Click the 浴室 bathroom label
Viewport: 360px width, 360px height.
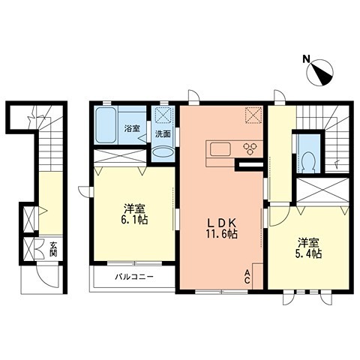pyautogui.click(x=132, y=128)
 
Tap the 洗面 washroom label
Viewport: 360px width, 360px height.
pyautogui.click(x=163, y=134)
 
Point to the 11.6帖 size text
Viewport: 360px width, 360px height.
pyautogui.click(x=222, y=234)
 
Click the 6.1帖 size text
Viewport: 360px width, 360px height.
pyautogui.click(x=135, y=220)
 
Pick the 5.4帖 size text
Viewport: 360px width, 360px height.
pyautogui.click(x=309, y=254)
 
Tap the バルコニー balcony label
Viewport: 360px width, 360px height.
pyautogui.click(x=134, y=277)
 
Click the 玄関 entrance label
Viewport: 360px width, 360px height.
pyautogui.click(x=53, y=249)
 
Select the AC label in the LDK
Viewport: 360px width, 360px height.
pyautogui.click(x=247, y=277)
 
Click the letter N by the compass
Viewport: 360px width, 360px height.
pyautogui.click(x=306, y=58)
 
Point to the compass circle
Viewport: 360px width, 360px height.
pyautogui.click(x=320, y=73)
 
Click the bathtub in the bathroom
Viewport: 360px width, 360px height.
pyautogui.click(x=106, y=125)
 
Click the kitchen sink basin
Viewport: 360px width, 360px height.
pyautogui.click(x=220, y=149)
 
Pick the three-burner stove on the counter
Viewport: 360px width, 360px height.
pyautogui.click(x=250, y=148)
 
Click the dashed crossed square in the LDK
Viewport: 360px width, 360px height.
pyautogui.click(x=253, y=115)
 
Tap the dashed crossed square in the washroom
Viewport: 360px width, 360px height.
pyautogui.click(x=163, y=115)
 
